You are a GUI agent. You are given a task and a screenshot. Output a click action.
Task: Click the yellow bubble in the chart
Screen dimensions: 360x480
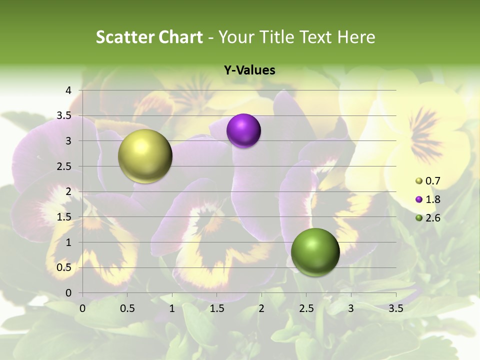pyautogui.click(x=145, y=155)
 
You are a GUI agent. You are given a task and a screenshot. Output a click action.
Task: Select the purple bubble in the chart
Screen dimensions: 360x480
pyautogui.click(x=243, y=130)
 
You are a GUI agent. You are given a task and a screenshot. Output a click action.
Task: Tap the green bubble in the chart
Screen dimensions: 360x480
pyautogui.click(x=315, y=252)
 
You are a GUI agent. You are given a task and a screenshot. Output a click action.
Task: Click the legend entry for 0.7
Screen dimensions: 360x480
pyautogui.click(x=427, y=181)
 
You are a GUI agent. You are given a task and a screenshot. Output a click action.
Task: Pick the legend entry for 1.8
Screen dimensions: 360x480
pyautogui.click(x=427, y=199)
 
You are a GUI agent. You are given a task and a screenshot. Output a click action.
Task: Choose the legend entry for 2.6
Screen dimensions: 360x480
pyautogui.click(x=427, y=218)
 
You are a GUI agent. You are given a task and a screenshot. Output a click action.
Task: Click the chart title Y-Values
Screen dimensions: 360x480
pyautogui.click(x=249, y=70)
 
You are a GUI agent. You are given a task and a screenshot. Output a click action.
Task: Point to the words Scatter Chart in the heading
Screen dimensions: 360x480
pyautogui.click(x=149, y=37)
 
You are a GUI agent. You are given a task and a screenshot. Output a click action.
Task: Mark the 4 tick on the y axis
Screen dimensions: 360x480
pyautogui.click(x=69, y=90)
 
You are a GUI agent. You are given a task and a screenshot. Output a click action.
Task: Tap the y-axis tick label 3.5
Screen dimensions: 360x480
pyautogui.click(x=64, y=116)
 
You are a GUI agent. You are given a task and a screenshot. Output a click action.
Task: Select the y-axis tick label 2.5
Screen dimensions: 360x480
pyautogui.click(x=64, y=166)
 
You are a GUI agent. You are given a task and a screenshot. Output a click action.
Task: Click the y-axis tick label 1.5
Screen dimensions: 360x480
pyautogui.click(x=64, y=217)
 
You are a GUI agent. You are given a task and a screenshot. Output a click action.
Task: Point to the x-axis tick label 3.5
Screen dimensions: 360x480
pyautogui.click(x=395, y=308)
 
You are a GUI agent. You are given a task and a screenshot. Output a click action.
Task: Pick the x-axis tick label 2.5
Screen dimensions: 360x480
pyautogui.click(x=306, y=308)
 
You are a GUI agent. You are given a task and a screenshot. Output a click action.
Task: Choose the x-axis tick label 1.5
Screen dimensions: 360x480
pyautogui.click(x=216, y=308)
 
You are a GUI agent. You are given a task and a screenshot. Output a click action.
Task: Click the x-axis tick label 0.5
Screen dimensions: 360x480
pyautogui.click(x=127, y=308)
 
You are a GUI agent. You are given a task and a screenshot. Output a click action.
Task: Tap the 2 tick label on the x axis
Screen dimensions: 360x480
pyautogui.click(x=261, y=308)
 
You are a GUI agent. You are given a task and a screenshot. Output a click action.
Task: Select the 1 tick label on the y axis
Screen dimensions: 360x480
pyautogui.click(x=69, y=242)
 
